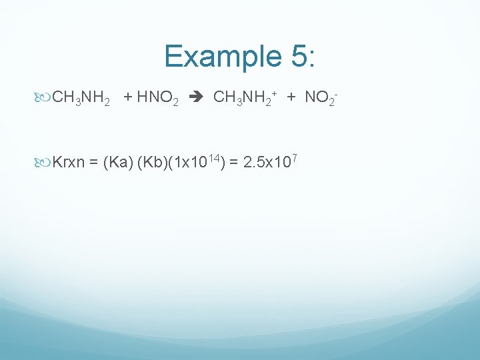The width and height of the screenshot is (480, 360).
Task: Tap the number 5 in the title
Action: click(x=298, y=56)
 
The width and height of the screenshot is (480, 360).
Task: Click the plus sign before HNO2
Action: click(x=128, y=99)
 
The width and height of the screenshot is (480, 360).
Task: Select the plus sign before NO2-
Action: click(x=291, y=99)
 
